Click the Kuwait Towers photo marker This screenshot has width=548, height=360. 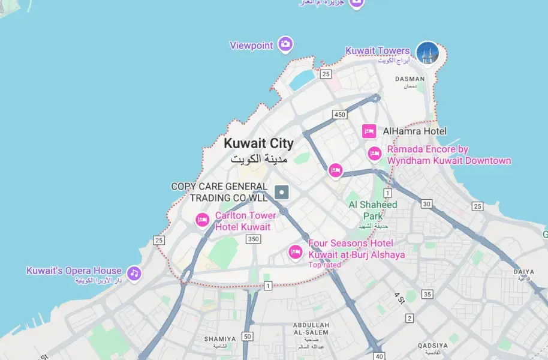pyautogui.click(x=427, y=53)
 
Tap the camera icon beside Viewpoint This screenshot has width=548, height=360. pyautogui.click(x=285, y=44)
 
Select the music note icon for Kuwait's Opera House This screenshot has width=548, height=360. pyautogui.click(x=134, y=274)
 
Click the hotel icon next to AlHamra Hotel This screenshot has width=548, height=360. pyautogui.click(x=369, y=131)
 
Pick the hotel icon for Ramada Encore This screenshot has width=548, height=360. pyautogui.click(x=375, y=154)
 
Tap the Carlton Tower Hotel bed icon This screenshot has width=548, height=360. pyautogui.click(x=203, y=220)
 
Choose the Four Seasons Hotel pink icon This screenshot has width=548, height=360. pyautogui.click(x=295, y=252)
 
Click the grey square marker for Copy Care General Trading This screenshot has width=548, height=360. pyautogui.click(x=282, y=192)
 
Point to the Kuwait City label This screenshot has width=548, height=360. pyautogui.click(x=258, y=144)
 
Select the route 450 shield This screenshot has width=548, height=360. pyautogui.click(x=340, y=115)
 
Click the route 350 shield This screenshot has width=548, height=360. pyautogui.click(x=253, y=239)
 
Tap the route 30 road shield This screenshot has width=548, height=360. pyautogui.click(x=426, y=204)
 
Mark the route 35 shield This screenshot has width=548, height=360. pyautogui.click(x=427, y=294)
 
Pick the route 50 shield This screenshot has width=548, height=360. pyautogui.click(x=247, y=337)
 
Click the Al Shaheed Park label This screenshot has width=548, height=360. pyautogui.click(x=373, y=210)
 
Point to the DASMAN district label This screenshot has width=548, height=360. pyautogui.click(x=410, y=79)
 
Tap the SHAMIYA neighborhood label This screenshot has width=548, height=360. pyautogui.click(x=219, y=339)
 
